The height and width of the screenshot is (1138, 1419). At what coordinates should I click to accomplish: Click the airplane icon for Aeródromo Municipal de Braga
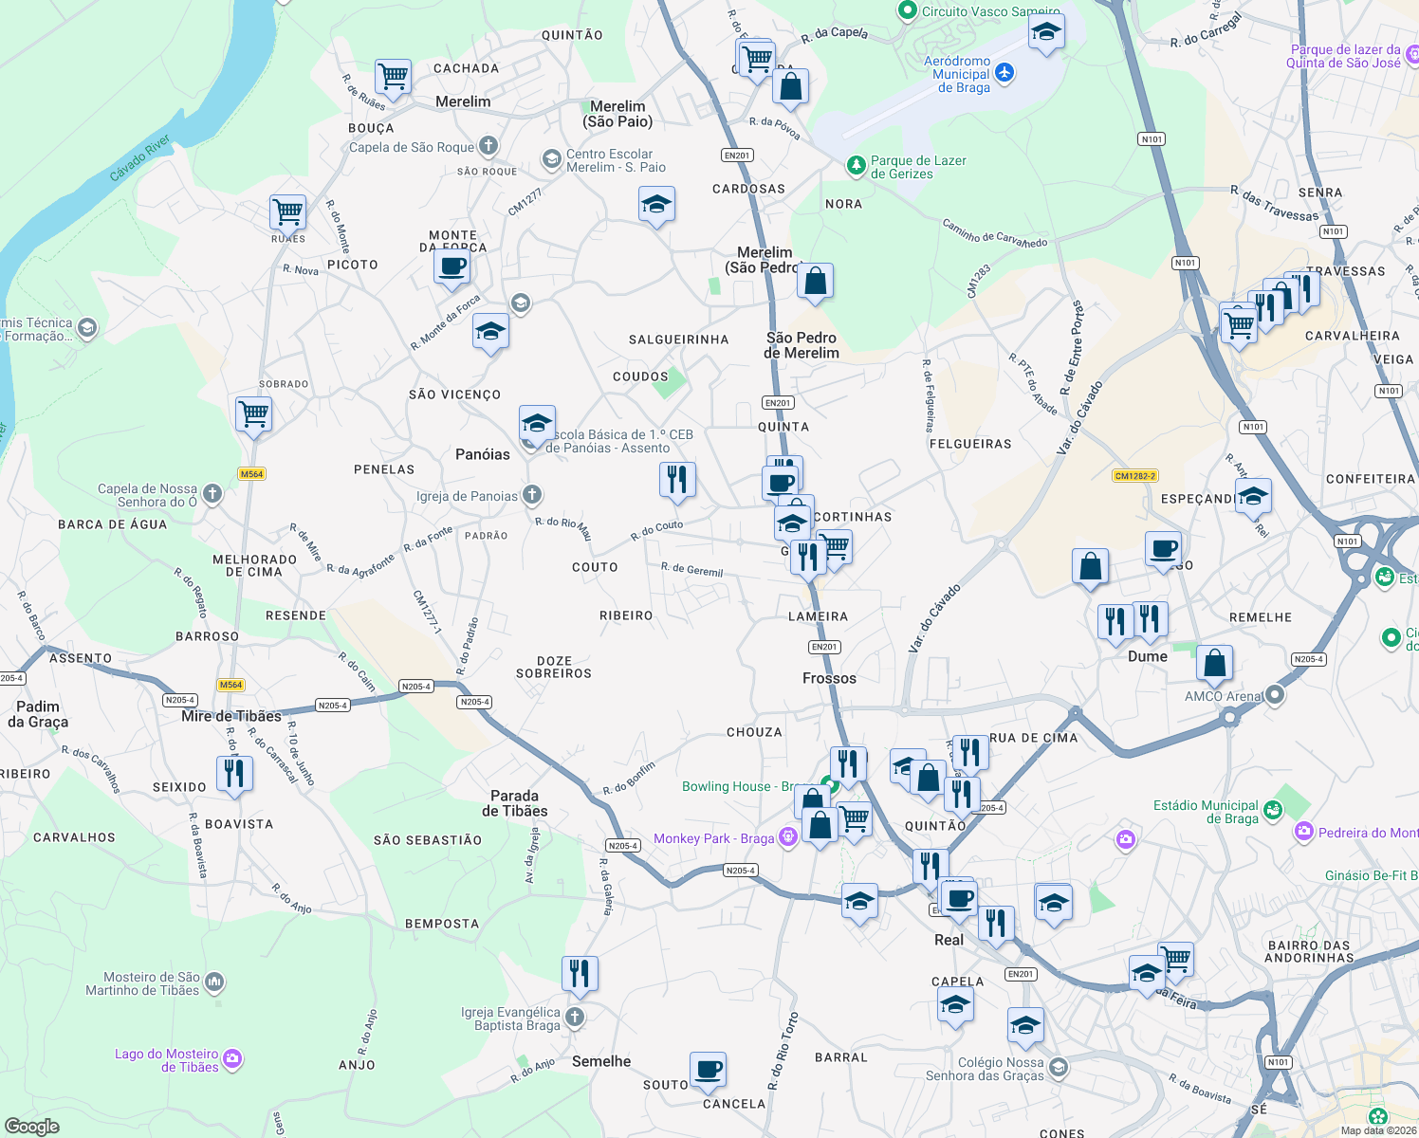pos(1004,73)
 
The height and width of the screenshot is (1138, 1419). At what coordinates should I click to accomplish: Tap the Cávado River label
pos(140,157)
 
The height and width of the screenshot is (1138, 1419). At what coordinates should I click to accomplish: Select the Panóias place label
pos(482,454)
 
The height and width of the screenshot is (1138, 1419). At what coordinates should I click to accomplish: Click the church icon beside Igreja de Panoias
pos(532,494)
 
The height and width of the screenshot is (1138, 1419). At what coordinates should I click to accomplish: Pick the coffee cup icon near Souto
pos(708,1071)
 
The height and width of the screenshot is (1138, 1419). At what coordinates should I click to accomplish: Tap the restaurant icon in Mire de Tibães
pos(233,773)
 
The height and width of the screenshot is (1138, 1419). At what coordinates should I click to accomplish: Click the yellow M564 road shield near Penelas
pos(251,474)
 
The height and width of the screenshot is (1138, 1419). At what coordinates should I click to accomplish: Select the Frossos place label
pos(829,678)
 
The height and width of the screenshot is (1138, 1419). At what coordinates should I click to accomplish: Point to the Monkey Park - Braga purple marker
pos(787,837)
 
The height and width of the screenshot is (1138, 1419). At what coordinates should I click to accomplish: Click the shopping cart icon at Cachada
pos(392,75)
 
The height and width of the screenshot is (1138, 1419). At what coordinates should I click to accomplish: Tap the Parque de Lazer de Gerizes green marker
pos(857,166)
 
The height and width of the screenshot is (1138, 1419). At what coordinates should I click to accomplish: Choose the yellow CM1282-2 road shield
pos(1135,476)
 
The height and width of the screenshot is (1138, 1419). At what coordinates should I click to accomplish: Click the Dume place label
pos(1147,656)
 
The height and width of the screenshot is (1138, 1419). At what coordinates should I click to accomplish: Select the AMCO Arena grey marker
pos(1275,695)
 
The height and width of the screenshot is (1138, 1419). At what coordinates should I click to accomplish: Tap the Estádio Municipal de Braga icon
pos(1273,810)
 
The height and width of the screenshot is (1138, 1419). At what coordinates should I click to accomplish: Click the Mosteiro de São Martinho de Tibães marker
pos(214,982)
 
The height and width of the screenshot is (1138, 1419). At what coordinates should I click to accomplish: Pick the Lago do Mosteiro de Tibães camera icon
pos(232,1059)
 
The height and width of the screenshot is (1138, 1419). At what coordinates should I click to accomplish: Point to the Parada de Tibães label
pos(514,803)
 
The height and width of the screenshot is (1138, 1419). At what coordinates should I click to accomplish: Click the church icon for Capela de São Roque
pos(488,146)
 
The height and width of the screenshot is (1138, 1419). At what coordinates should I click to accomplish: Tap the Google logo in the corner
pos(31,1127)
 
